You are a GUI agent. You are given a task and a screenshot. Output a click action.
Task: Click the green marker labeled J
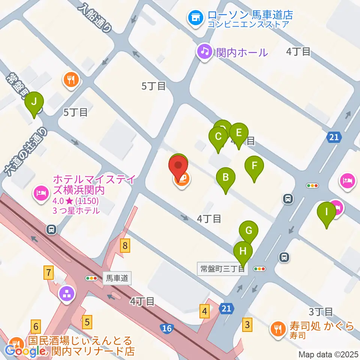pyautogui.click(x=34, y=102)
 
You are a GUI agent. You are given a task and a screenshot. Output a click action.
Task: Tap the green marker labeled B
pyautogui.click(x=226, y=177)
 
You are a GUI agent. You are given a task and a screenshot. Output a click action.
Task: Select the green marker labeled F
pyautogui.click(x=254, y=166)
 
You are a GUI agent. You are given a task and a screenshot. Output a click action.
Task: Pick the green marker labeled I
pyautogui.click(x=327, y=212)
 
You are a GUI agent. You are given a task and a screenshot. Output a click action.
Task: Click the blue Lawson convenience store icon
pyautogui.click(x=195, y=17)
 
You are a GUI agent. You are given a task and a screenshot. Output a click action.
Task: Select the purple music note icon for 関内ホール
pyautogui.click(x=205, y=51)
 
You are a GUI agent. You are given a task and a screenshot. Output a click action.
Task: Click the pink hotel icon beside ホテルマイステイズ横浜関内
pyautogui.click(x=41, y=193)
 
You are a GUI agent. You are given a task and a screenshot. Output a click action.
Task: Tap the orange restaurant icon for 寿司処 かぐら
pyautogui.click(x=278, y=329)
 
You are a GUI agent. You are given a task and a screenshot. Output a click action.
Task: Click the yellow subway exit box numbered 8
pyautogui.click(x=125, y=246)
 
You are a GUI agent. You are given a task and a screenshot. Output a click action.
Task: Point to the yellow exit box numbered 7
pyautogui.click(x=48, y=272)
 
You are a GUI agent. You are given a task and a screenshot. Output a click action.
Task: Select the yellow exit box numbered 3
pyautogui.click(x=247, y=324)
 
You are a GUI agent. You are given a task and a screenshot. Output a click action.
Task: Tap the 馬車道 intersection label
pyautogui.click(x=117, y=278)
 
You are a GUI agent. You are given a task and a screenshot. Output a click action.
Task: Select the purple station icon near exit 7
pyautogui.click(x=67, y=294)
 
